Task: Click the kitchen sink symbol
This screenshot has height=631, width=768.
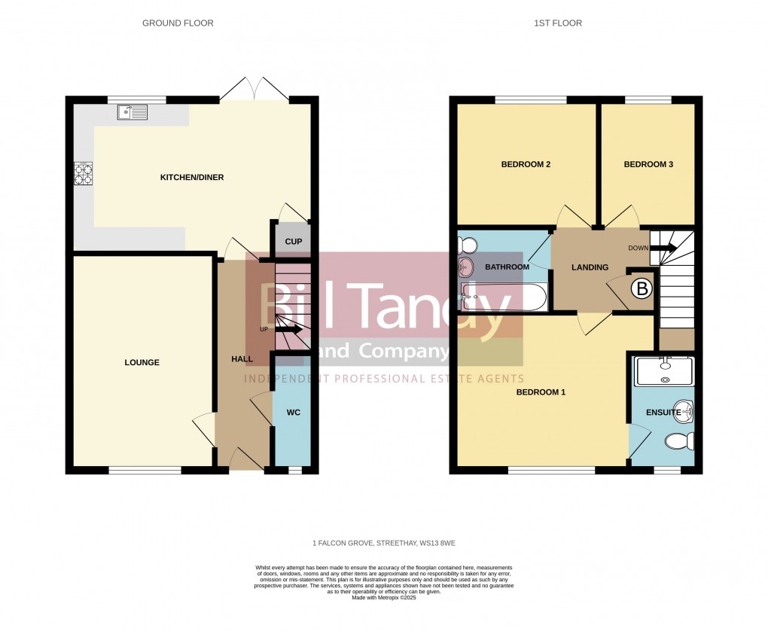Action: click(x=133, y=112)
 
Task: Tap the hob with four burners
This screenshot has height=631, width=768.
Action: click(x=84, y=174)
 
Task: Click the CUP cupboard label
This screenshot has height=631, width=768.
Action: click(x=293, y=242)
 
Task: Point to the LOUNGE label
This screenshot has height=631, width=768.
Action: click(x=142, y=362)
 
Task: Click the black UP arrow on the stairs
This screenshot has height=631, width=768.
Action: click(x=288, y=329)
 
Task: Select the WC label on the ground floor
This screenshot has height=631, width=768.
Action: click(x=294, y=412)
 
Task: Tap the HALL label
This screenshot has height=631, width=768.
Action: click(x=242, y=359)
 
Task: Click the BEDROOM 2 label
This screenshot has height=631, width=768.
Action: click(x=526, y=164)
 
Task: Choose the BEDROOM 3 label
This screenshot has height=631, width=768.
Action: click(x=648, y=164)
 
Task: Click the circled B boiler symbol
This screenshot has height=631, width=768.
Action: click(x=642, y=288)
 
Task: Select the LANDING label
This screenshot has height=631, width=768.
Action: click(x=590, y=267)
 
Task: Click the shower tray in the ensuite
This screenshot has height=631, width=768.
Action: click(x=664, y=371)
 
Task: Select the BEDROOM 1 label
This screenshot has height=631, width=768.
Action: click(x=541, y=392)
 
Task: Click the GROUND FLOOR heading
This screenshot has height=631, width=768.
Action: click(x=178, y=23)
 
